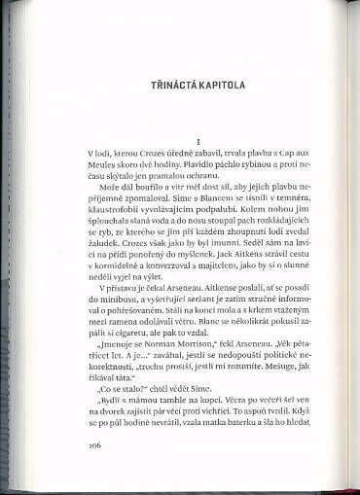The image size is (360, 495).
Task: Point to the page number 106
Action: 95,446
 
